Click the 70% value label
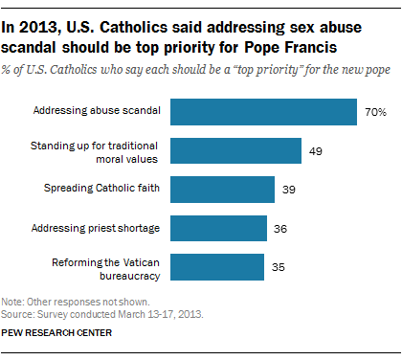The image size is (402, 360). pos(374,113)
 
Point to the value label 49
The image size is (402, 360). pos(316,151)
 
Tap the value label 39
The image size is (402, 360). pos(289,190)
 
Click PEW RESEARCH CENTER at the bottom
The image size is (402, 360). pos(56,334)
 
